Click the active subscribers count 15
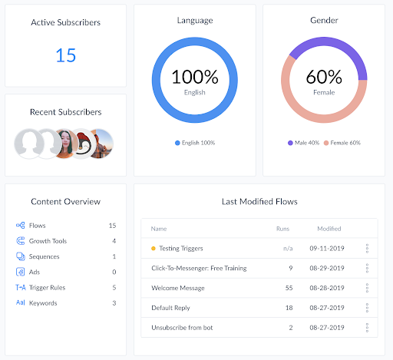[65, 55]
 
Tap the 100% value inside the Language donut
[194, 77]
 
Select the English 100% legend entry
[194, 143]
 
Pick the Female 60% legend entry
[342, 143]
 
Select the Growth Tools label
[48, 241]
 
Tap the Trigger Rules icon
[21, 287]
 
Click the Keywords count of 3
[114, 302]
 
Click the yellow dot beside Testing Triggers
[154, 249]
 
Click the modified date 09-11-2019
[325, 249]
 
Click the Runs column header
[282, 229]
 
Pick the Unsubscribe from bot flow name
[183, 327]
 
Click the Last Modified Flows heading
[259, 202]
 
